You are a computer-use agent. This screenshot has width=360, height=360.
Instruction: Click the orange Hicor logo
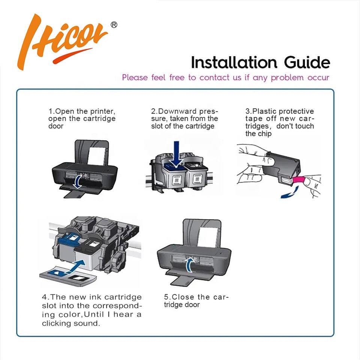point(62,41)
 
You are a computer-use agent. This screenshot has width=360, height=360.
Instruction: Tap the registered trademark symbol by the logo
point(114,25)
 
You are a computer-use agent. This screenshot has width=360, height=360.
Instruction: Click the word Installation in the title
point(234,63)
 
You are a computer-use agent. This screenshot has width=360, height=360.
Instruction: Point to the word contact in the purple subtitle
point(214,78)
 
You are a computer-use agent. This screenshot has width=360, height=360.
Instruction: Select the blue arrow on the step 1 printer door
point(78,181)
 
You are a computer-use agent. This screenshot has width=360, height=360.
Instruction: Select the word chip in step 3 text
point(265,134)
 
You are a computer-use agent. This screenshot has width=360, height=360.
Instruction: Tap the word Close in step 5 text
point(183,297)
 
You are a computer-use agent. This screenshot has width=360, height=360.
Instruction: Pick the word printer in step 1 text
point(103,112)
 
